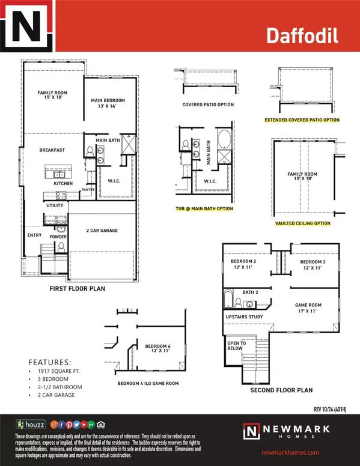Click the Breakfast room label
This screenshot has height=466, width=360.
(x=52, y=150)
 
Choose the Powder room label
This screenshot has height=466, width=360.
(x=58, y=237)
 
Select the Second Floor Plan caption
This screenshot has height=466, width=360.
(x=282, y=390)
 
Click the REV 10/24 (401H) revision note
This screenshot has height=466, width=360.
(x=334, y=410)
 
